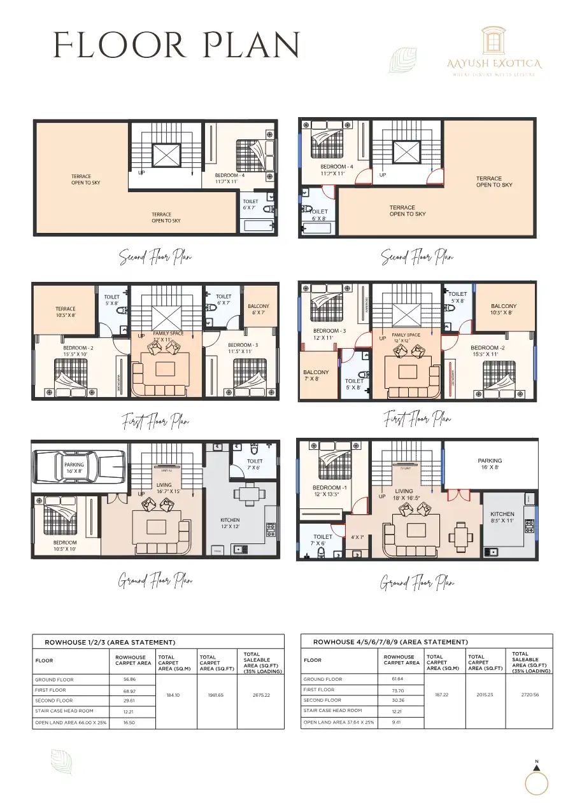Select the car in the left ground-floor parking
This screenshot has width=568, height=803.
78,468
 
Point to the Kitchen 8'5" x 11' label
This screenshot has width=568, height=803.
502,517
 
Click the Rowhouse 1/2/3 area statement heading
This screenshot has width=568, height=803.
110,643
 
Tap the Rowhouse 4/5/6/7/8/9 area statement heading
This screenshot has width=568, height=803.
390,642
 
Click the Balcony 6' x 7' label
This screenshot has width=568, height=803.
258,309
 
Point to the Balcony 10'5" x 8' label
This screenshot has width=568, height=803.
504,309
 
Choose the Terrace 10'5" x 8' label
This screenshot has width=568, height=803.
65,312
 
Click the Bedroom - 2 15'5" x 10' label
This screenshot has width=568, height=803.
78,351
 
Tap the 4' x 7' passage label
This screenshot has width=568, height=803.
357,538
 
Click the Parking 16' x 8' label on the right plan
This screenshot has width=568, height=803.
490,464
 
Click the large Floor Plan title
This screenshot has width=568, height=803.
176,46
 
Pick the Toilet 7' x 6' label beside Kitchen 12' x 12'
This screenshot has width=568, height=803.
254,464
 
